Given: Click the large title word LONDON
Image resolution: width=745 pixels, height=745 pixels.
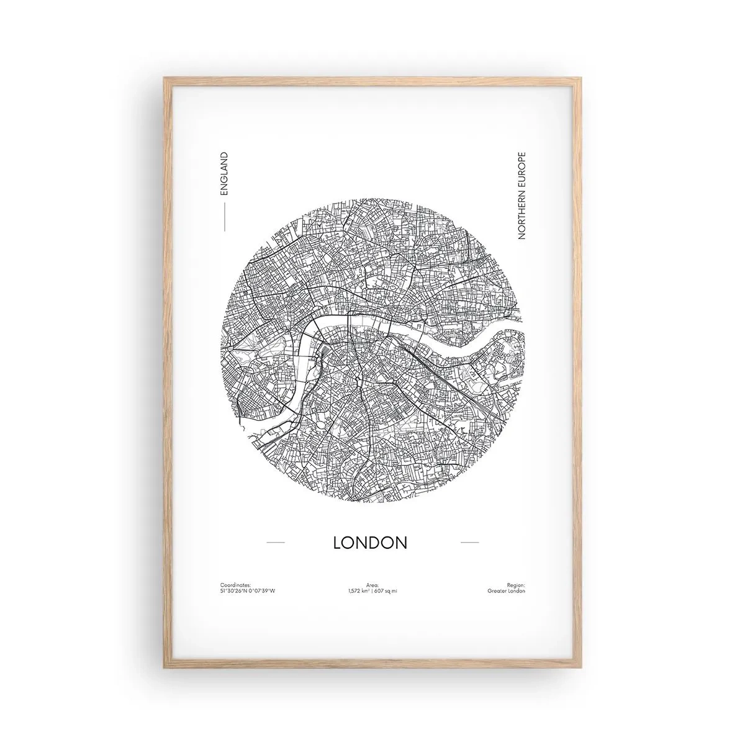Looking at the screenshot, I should coord(370,542).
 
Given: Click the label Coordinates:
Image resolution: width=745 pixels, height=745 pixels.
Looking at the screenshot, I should coord(235,584).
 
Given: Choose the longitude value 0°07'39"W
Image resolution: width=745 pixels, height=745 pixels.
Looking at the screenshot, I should coord(262,591).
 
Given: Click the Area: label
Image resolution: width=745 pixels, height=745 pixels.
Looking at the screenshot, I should coord(372,584).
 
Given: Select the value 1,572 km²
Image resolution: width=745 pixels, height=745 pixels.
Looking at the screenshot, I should coord(359,591).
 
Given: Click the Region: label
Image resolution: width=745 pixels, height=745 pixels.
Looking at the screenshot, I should coord(516,584).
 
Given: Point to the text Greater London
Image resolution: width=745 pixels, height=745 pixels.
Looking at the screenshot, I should coord(507,591).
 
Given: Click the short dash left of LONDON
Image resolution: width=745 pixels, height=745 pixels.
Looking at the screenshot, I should coord(275,543).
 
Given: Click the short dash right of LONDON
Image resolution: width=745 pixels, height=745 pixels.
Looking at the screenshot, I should coord(469,543).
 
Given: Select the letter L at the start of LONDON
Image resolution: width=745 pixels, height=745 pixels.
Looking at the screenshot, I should coord(338,542).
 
